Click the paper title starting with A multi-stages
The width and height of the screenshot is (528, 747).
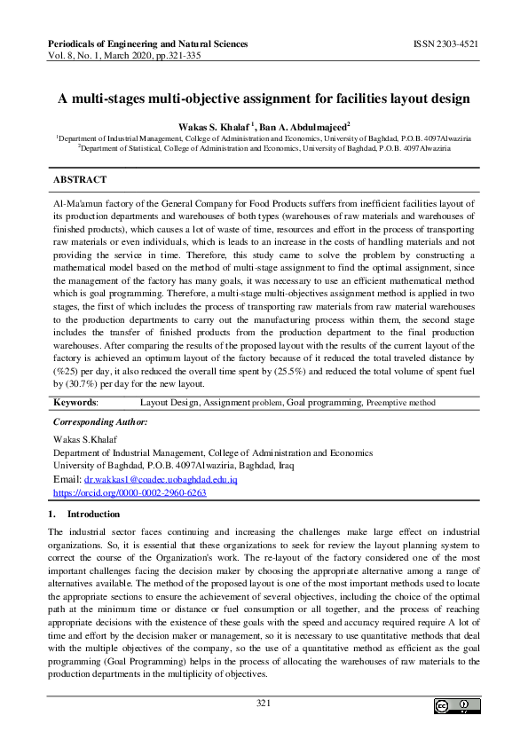tap(264, 98)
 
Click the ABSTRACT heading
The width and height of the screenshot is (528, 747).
tap(80, 179)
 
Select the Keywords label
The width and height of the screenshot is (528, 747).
tap(75, 402)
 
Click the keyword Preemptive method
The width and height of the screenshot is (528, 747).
tap(400, 403)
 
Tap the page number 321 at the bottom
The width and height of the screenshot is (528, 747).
tap(263, 704)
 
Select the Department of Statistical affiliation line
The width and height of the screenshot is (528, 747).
tap(264, 148)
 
